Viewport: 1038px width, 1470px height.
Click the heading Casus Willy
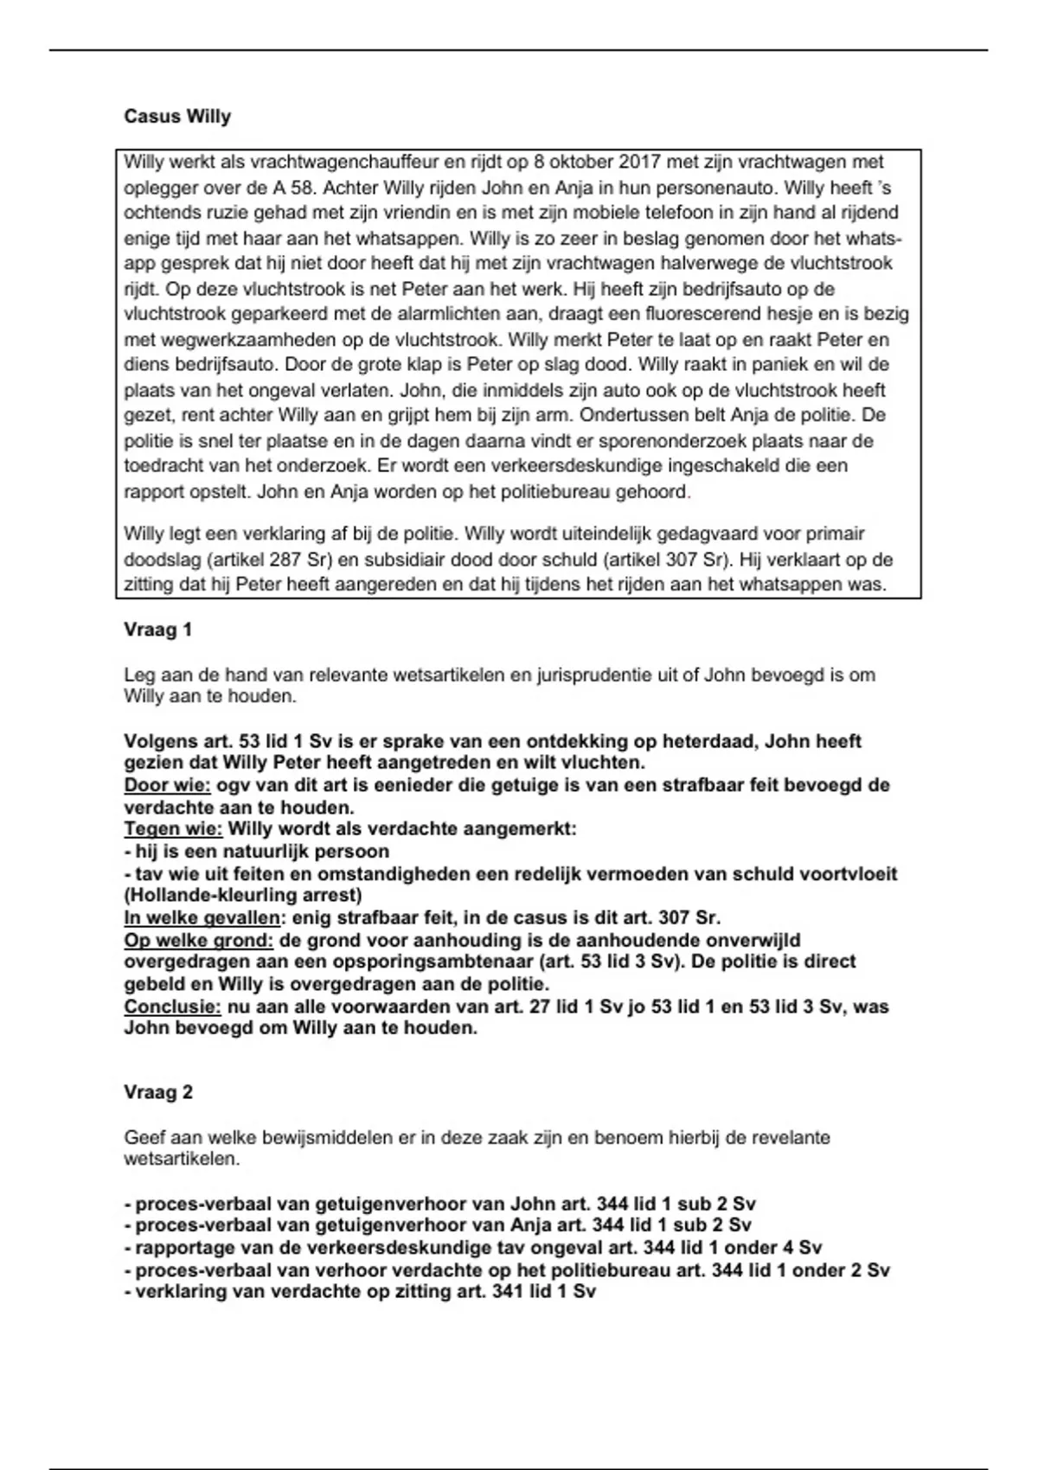coord(177,116)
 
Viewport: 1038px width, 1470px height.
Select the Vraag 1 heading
coord(157,630)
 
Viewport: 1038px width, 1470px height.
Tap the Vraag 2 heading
coord(158,1092)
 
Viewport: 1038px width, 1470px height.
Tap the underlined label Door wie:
coord(167,786)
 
